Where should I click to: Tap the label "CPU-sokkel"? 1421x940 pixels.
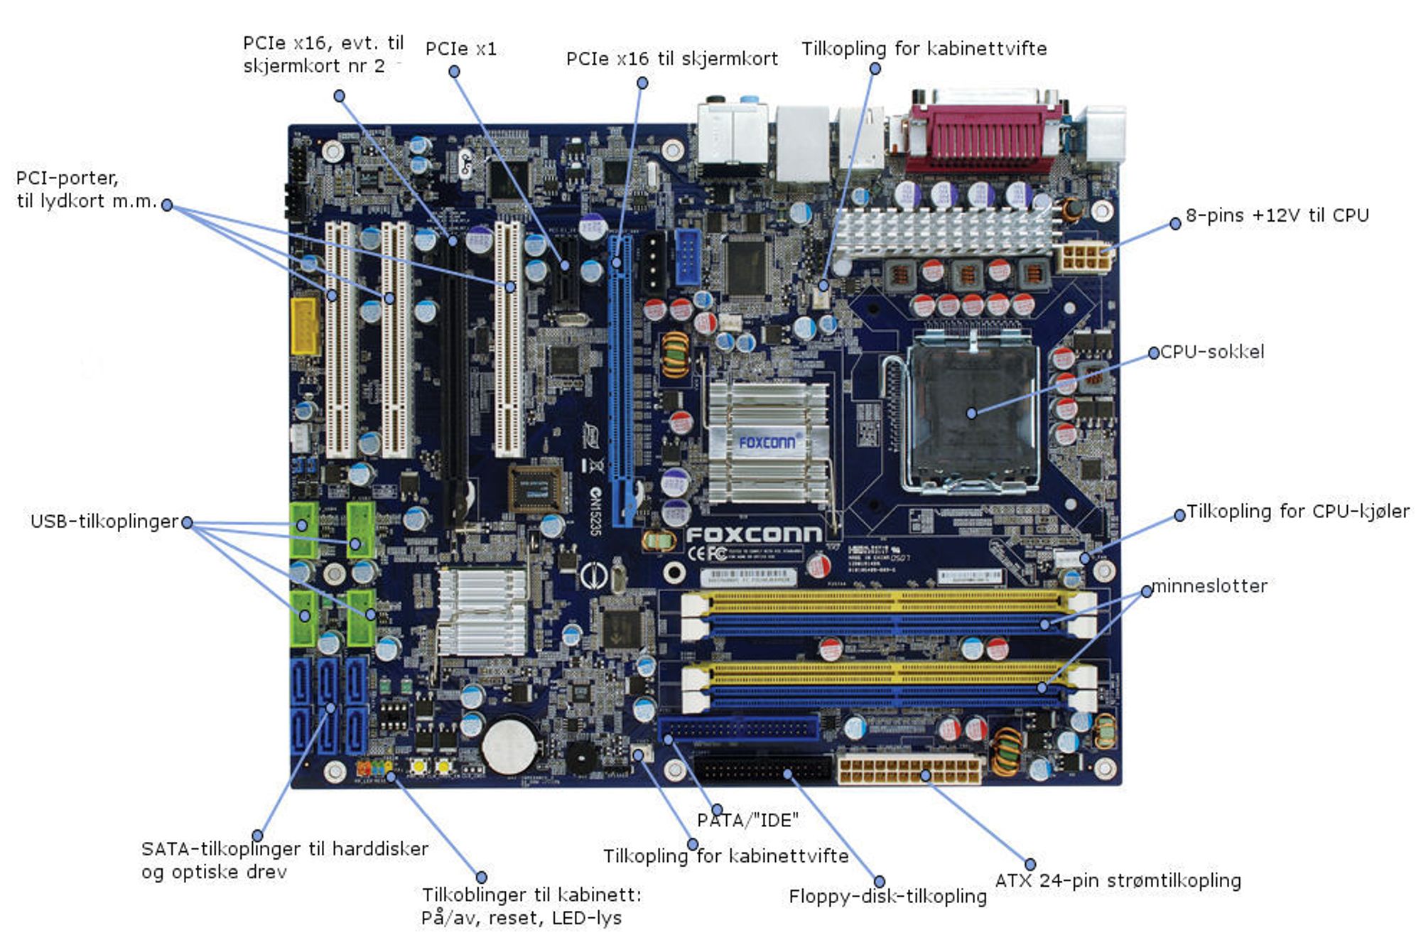pos(1212,352)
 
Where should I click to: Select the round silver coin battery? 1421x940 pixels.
pos(509,745)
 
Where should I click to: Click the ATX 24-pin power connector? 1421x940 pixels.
pos(910,769)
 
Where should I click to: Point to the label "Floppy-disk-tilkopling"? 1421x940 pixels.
pos(887,897)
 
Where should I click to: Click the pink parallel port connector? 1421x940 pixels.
pos(985,135)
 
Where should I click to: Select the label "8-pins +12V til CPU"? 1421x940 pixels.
pos(1277,215)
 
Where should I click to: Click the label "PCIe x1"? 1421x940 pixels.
pos(460,49)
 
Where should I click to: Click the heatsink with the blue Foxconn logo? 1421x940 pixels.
pos(767,442)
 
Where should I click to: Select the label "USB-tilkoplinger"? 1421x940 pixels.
pos(104,522)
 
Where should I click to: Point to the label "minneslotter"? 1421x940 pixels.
pos(1209,586)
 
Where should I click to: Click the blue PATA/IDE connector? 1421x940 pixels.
pos(738,728)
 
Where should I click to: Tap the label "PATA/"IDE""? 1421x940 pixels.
pos(747,821)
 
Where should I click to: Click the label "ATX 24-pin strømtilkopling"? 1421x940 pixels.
pos(1118,881)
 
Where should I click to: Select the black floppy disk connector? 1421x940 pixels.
pos(763,769)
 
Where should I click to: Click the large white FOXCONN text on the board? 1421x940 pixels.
pos(754,534)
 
